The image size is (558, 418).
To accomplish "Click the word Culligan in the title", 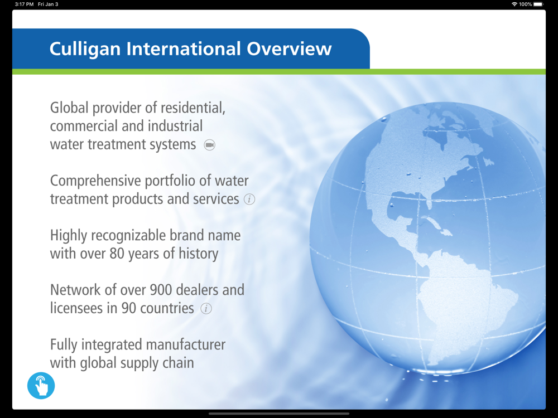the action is pos(85,49).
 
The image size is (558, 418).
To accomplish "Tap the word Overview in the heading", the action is pos(289,48).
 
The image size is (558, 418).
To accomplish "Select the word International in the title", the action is pos(184,48).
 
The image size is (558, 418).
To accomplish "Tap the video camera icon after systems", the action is pos(210,145).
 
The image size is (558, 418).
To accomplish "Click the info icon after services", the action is pos(249,200).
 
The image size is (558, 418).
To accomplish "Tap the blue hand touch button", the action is pos(41,386).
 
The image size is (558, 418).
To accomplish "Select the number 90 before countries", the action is pos(128,309).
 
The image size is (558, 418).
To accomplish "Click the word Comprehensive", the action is pos(96,181).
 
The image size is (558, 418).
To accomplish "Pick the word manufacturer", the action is pos(186,345).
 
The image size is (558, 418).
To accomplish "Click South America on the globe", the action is pos(463,302).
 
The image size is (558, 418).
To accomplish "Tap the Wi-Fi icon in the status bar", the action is pos(514,4).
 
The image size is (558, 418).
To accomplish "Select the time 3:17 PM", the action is pos(24,4).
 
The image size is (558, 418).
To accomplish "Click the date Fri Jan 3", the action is pos(48,4).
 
